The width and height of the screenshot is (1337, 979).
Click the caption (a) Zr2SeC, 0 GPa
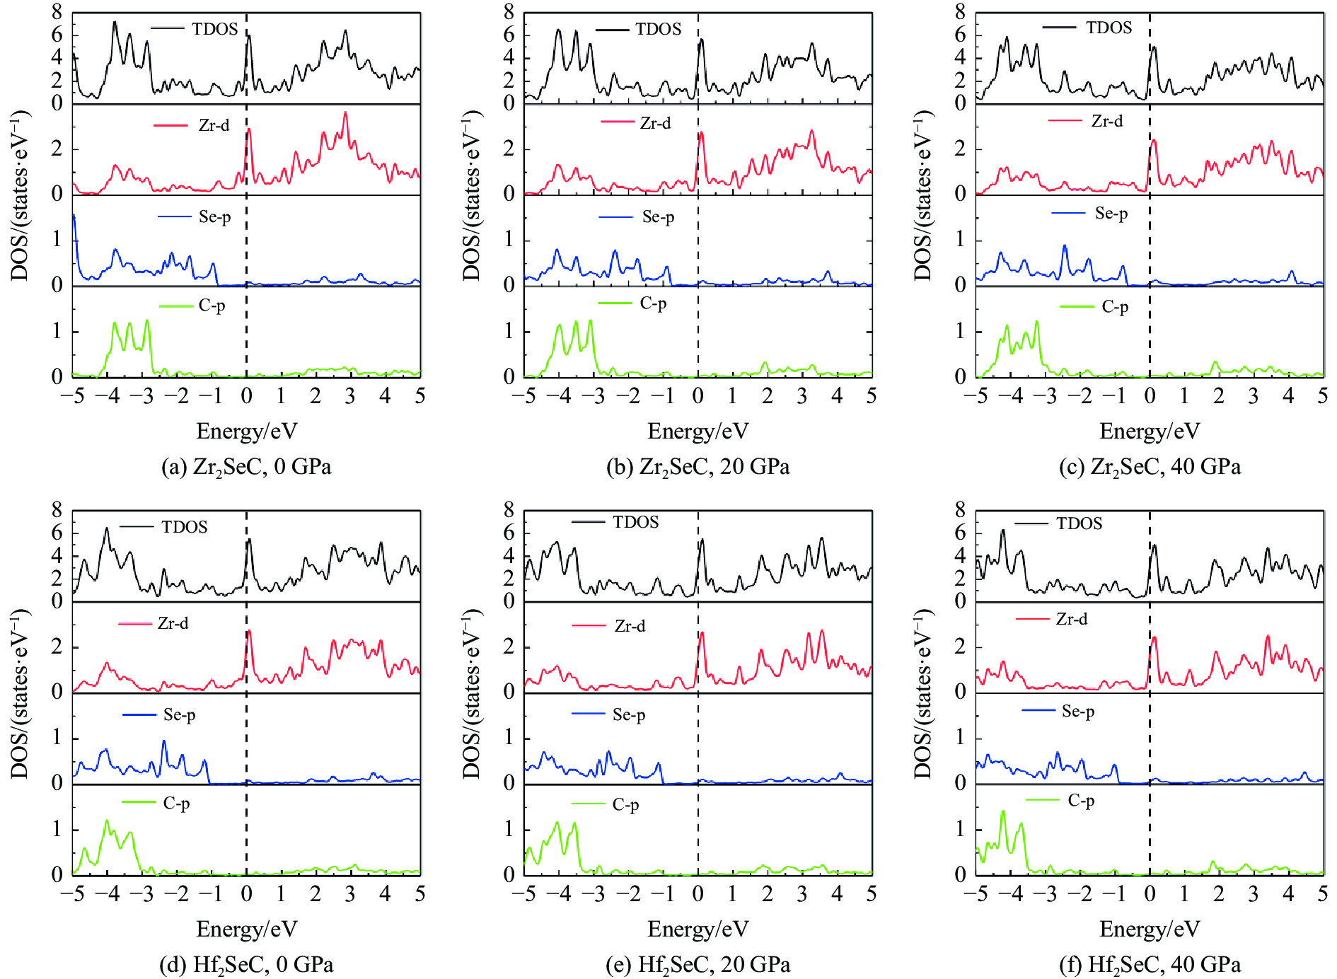click(246, 468)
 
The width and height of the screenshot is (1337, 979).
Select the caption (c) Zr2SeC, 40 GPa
click(1150, 468)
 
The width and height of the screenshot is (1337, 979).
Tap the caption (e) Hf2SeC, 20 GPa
click(698, 966)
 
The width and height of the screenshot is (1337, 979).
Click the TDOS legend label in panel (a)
click(214, 29)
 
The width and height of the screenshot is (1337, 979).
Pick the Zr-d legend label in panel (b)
click(655, 123)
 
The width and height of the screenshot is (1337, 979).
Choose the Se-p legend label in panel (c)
click(1111, 214)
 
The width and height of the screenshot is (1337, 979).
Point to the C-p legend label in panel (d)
click(176, 804)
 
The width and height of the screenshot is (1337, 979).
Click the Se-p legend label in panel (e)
click(628, 715)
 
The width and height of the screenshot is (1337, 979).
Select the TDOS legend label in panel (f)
click(1079, 524)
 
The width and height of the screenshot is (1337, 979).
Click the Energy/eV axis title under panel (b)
click(698, 431)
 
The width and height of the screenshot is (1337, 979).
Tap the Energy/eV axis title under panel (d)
click(246, 929)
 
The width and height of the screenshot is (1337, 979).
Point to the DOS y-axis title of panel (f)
click(924, 693)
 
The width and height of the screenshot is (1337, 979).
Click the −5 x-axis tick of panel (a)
click(72, 396)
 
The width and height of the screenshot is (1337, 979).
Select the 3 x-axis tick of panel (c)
click(1253, 396)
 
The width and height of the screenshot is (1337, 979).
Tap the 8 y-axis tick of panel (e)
click(509, 510)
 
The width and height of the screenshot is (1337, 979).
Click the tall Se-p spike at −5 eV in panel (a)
click(74, 216)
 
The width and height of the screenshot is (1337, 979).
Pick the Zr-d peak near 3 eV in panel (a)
click(345, 113)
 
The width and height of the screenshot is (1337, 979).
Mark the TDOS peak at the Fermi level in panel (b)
click(701, 40)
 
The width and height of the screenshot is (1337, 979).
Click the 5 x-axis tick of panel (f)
click(1321, 894)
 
